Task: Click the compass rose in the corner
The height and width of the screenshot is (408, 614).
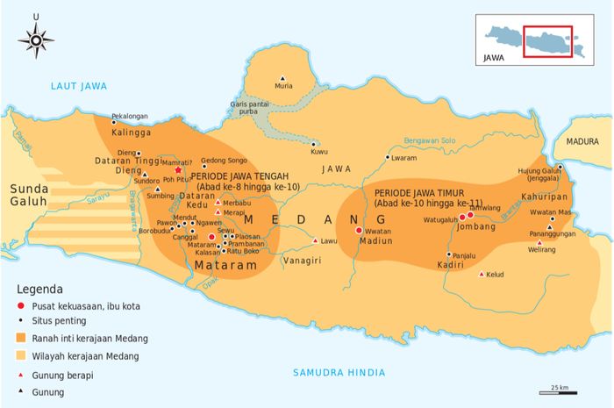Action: (36, 39)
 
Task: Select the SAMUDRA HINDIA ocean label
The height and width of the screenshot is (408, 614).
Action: (339, 372)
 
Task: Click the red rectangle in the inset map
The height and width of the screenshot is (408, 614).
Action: (547, 41)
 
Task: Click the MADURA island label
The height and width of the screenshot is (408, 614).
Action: (582, 140)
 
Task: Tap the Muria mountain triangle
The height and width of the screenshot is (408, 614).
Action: (282, 77)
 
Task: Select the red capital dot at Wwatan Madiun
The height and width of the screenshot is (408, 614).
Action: (359, 230)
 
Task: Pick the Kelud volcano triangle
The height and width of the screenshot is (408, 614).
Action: (481, 274)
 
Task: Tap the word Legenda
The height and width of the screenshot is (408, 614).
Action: (39, 289)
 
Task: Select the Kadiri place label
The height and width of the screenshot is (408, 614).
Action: (450, 264)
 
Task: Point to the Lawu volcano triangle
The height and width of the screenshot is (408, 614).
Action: (315, 240)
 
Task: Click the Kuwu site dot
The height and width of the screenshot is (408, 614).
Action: (313, 144)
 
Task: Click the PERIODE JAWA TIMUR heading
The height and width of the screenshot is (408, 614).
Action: (418, 192)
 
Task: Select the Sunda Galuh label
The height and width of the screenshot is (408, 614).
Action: (30, 197)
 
